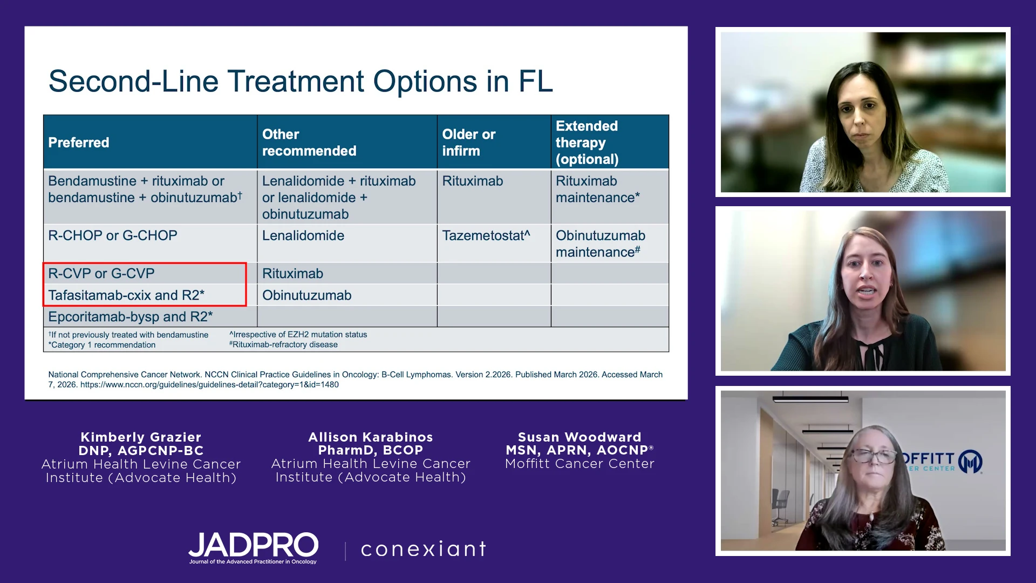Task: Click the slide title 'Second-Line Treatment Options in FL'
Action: [301, 82]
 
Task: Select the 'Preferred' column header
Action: [79, 143]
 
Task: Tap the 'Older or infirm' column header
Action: [469, 143]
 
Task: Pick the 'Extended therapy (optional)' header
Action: [587, 143]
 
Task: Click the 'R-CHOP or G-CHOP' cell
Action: [113, 235]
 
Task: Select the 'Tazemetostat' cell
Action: [486, 235]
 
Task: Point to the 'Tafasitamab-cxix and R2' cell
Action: [126, 295]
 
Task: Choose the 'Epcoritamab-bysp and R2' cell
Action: [131, 317]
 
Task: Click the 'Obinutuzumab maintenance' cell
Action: [601, 243]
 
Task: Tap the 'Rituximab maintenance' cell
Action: [598, 189]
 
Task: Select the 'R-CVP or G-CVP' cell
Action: [101, 274]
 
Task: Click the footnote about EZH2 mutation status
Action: [298, 335]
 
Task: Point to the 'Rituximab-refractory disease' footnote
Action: [284, 344]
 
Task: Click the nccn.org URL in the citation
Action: [209, 385]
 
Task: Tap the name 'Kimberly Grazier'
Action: [141, 437]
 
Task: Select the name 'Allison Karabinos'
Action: [371, 437]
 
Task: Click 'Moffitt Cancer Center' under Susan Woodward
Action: [580, 464]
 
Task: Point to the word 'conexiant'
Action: [424, 549]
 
